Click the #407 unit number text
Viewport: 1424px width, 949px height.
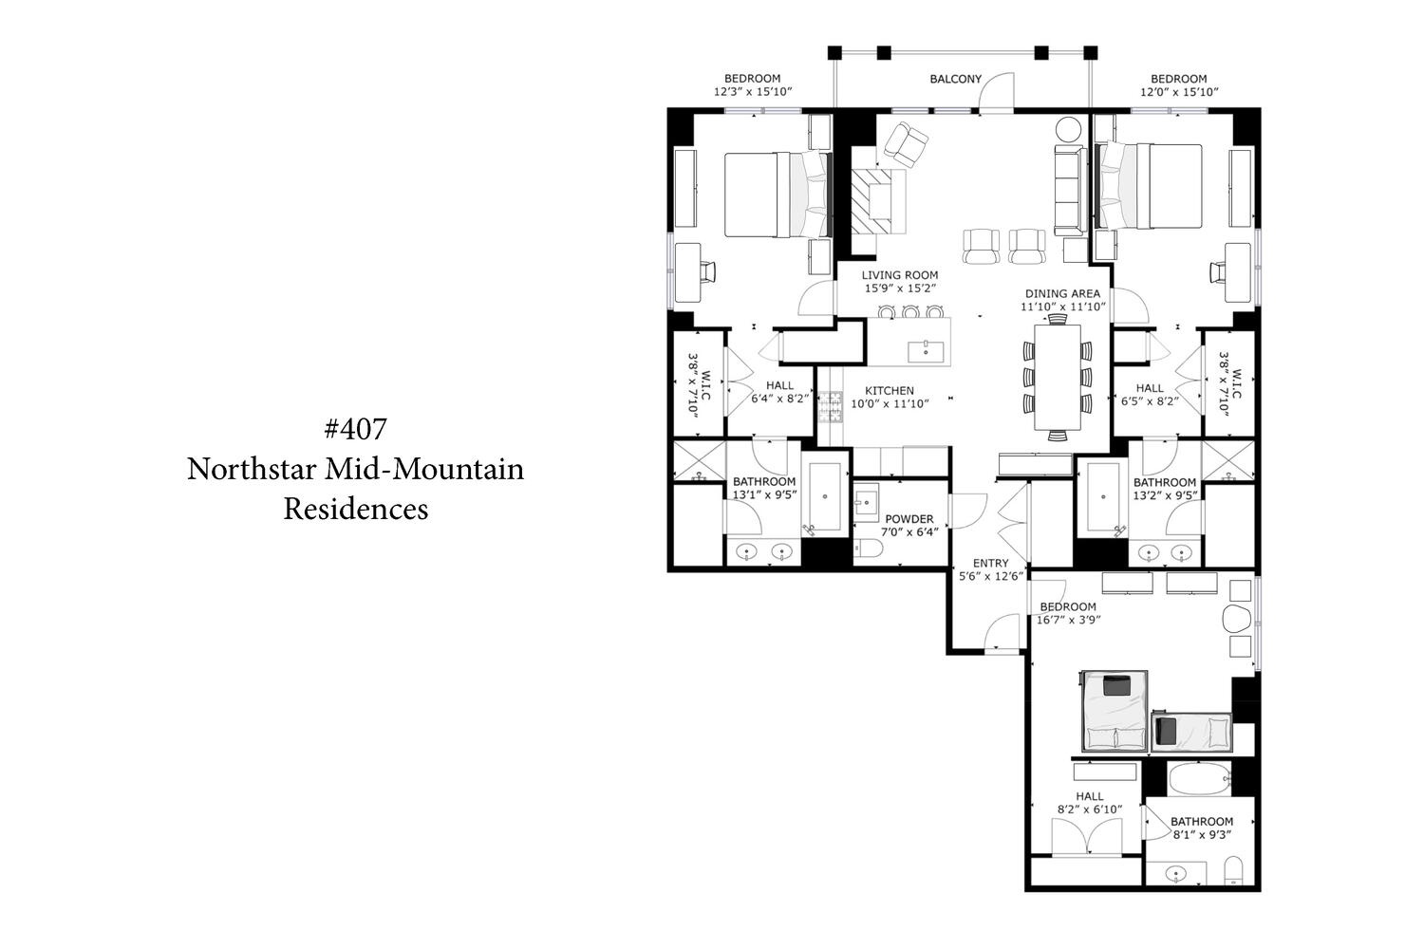pyautogui.click(x=355, y=429)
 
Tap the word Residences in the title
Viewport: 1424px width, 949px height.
pyautogui.click(x=356, y=509)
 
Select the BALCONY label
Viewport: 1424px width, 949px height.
pyautogui.click(x=955, y=79)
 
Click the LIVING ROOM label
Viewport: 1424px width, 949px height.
pyautogui.click(x=900, y=275)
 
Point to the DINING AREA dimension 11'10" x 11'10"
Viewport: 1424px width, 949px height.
pyautogui.click(x=1063, y=307)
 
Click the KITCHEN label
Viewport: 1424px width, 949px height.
pyautogui.click(x=890, y=390)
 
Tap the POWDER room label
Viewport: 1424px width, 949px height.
pyautogui.click(x=909, y=519)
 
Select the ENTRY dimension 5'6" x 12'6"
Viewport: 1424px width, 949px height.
pyautogui.click(x=990, y=576)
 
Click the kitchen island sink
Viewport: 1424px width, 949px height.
pyautogui.click(x=926, y=351)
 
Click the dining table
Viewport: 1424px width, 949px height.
pyautogui.click(x=1058, y=377)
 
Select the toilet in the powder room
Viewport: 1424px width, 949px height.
pyautogui.click(x=868, y=548)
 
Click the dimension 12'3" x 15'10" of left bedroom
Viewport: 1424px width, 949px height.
pyautogui.click(x=753, y=91)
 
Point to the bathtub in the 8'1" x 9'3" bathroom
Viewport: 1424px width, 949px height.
pyautogui.click(x=1199, y=778)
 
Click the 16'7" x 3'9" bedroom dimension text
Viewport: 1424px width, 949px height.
pyautogui.click(x=1069, y=620)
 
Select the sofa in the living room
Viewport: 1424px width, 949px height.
pyautogui.click(x=1070, y=190)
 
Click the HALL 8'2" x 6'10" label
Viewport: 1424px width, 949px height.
pyautogui.click(x=1090, y=803)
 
